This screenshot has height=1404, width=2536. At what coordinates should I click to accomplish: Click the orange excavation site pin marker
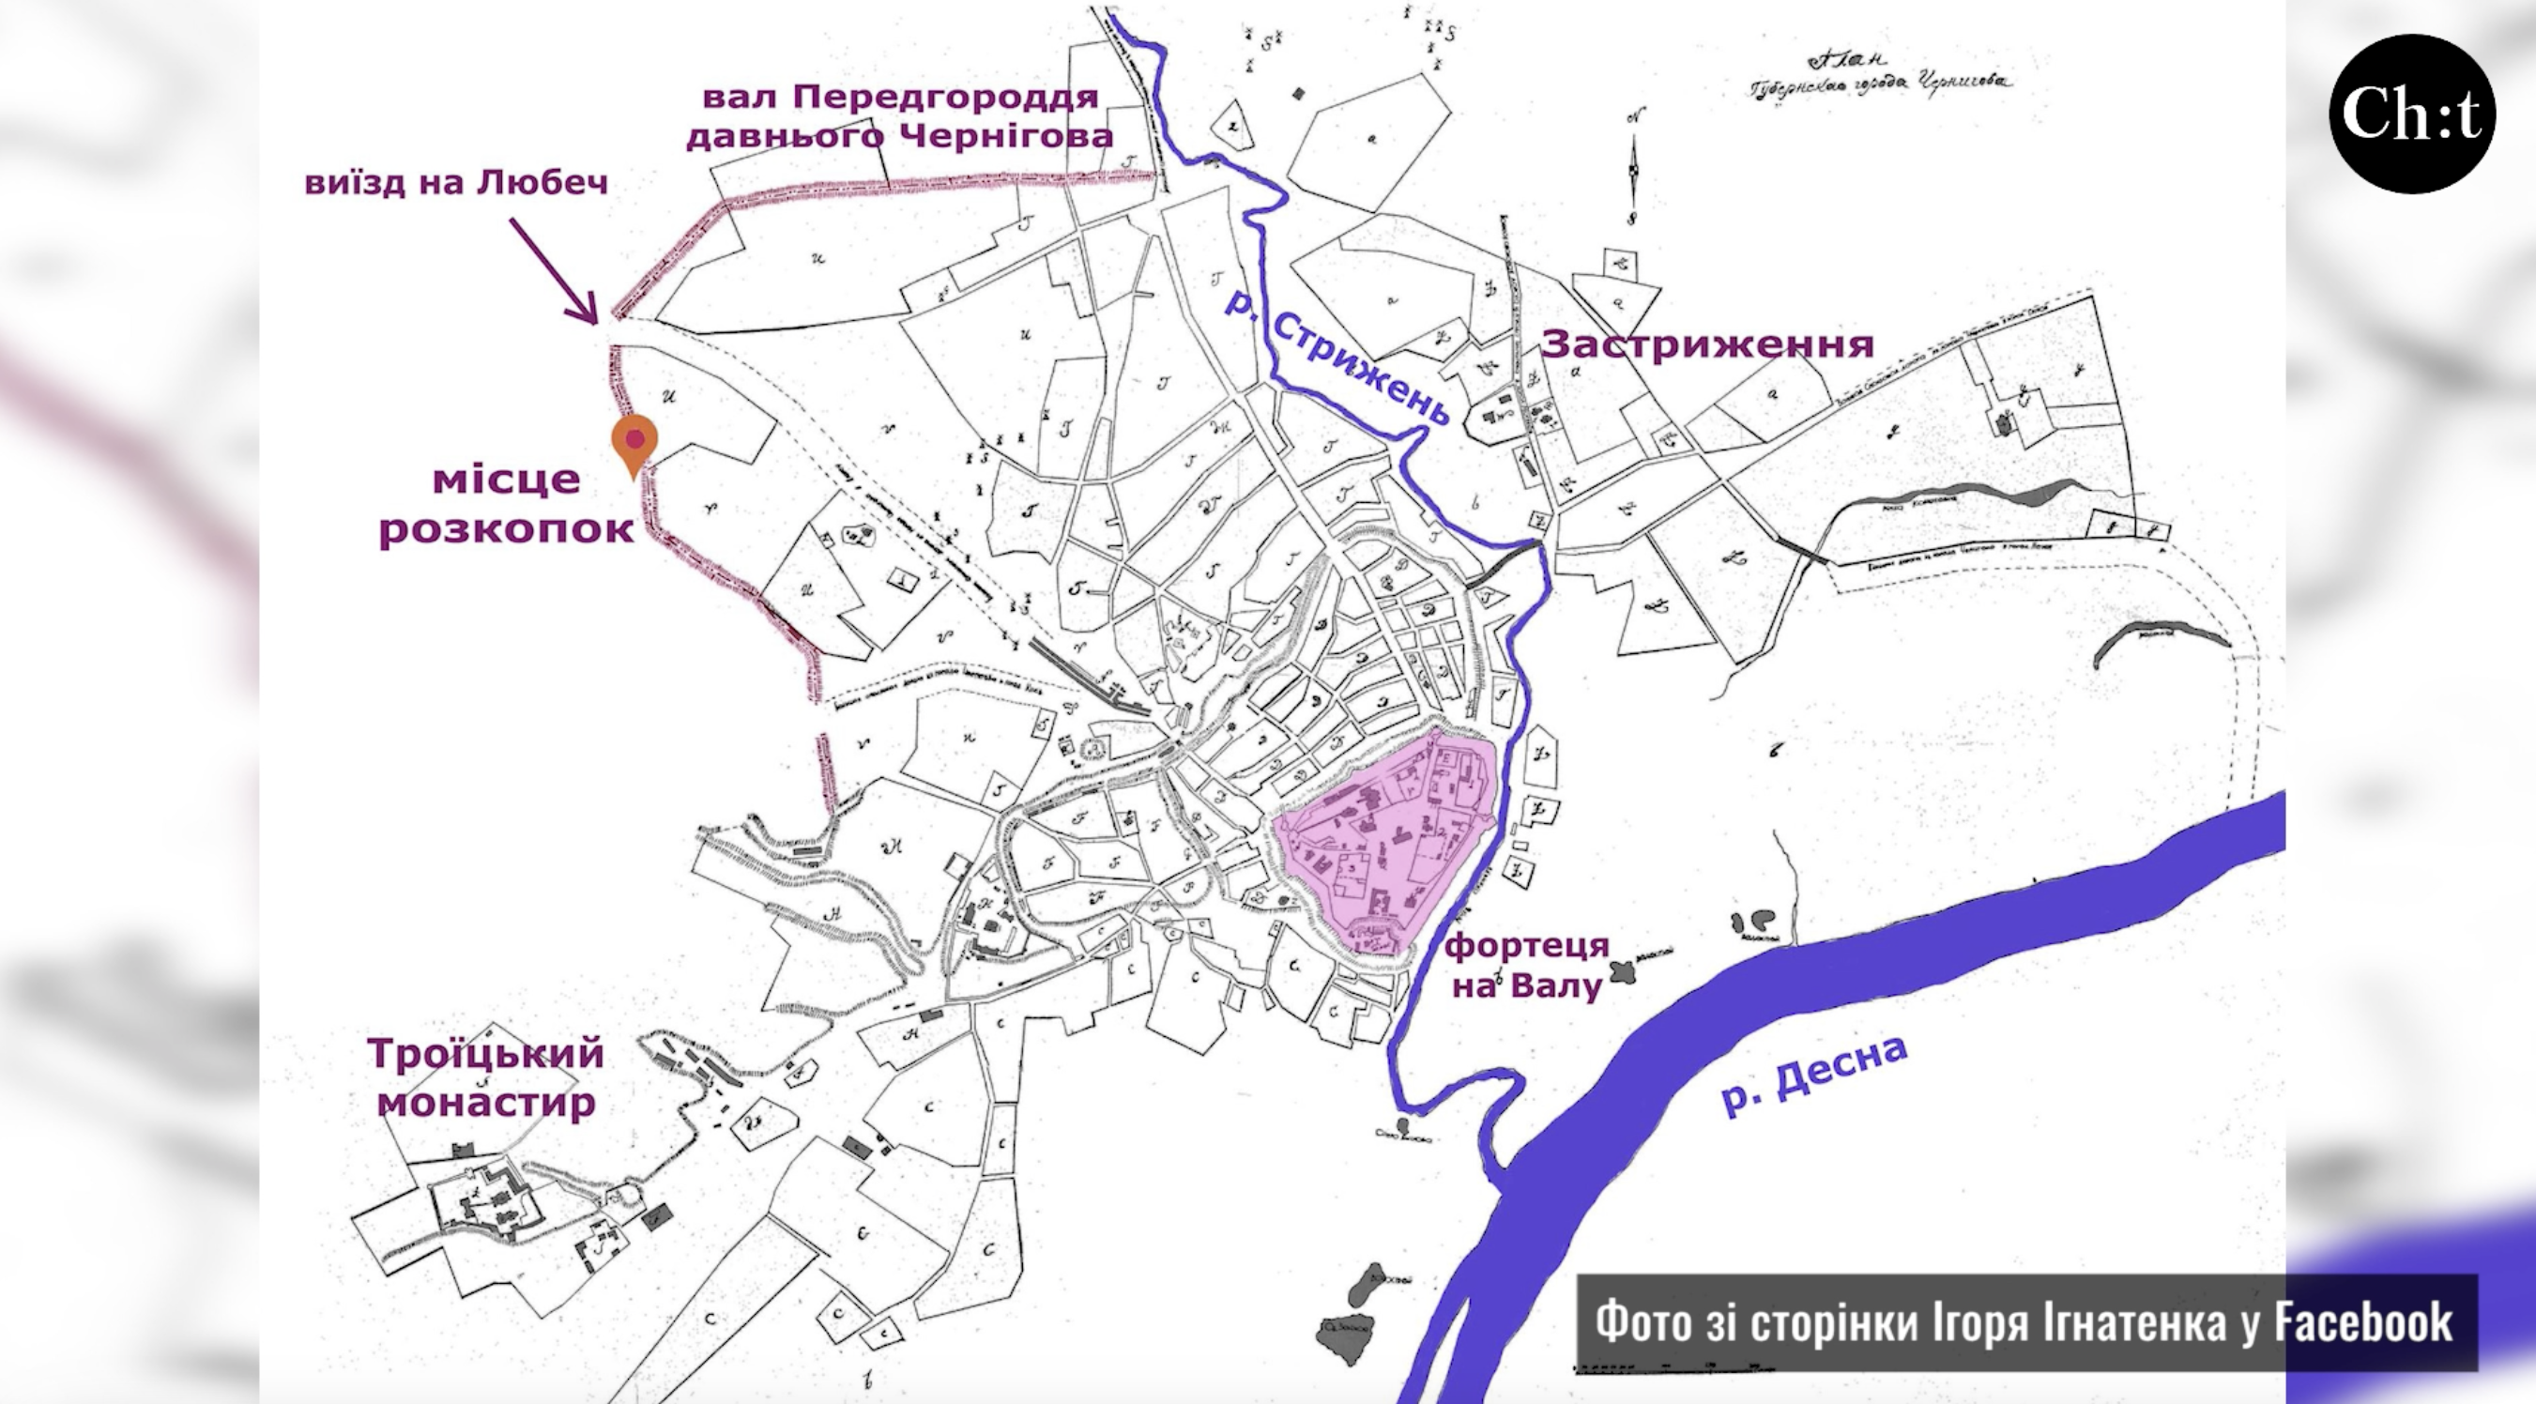(634, 442)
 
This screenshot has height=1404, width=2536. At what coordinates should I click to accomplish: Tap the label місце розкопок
(506, 505)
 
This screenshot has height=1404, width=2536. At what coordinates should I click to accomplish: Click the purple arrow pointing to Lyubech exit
(553, 269)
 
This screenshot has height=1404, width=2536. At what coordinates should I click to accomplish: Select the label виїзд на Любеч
(456, 183)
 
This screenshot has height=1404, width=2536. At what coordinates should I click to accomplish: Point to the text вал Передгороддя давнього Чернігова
(900, 116)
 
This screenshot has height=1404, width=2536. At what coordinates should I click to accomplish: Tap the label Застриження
(1707, 344)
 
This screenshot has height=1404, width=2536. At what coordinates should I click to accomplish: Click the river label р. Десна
(1814, 1075)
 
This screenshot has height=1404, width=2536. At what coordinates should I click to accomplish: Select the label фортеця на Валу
(1526, 966)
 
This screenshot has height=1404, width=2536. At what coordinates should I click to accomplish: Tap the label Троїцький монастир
(486, 1077)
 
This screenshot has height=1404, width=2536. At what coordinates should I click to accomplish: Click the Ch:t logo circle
(2411, 114)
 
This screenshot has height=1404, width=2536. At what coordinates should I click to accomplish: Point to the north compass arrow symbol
(1632, 167)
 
